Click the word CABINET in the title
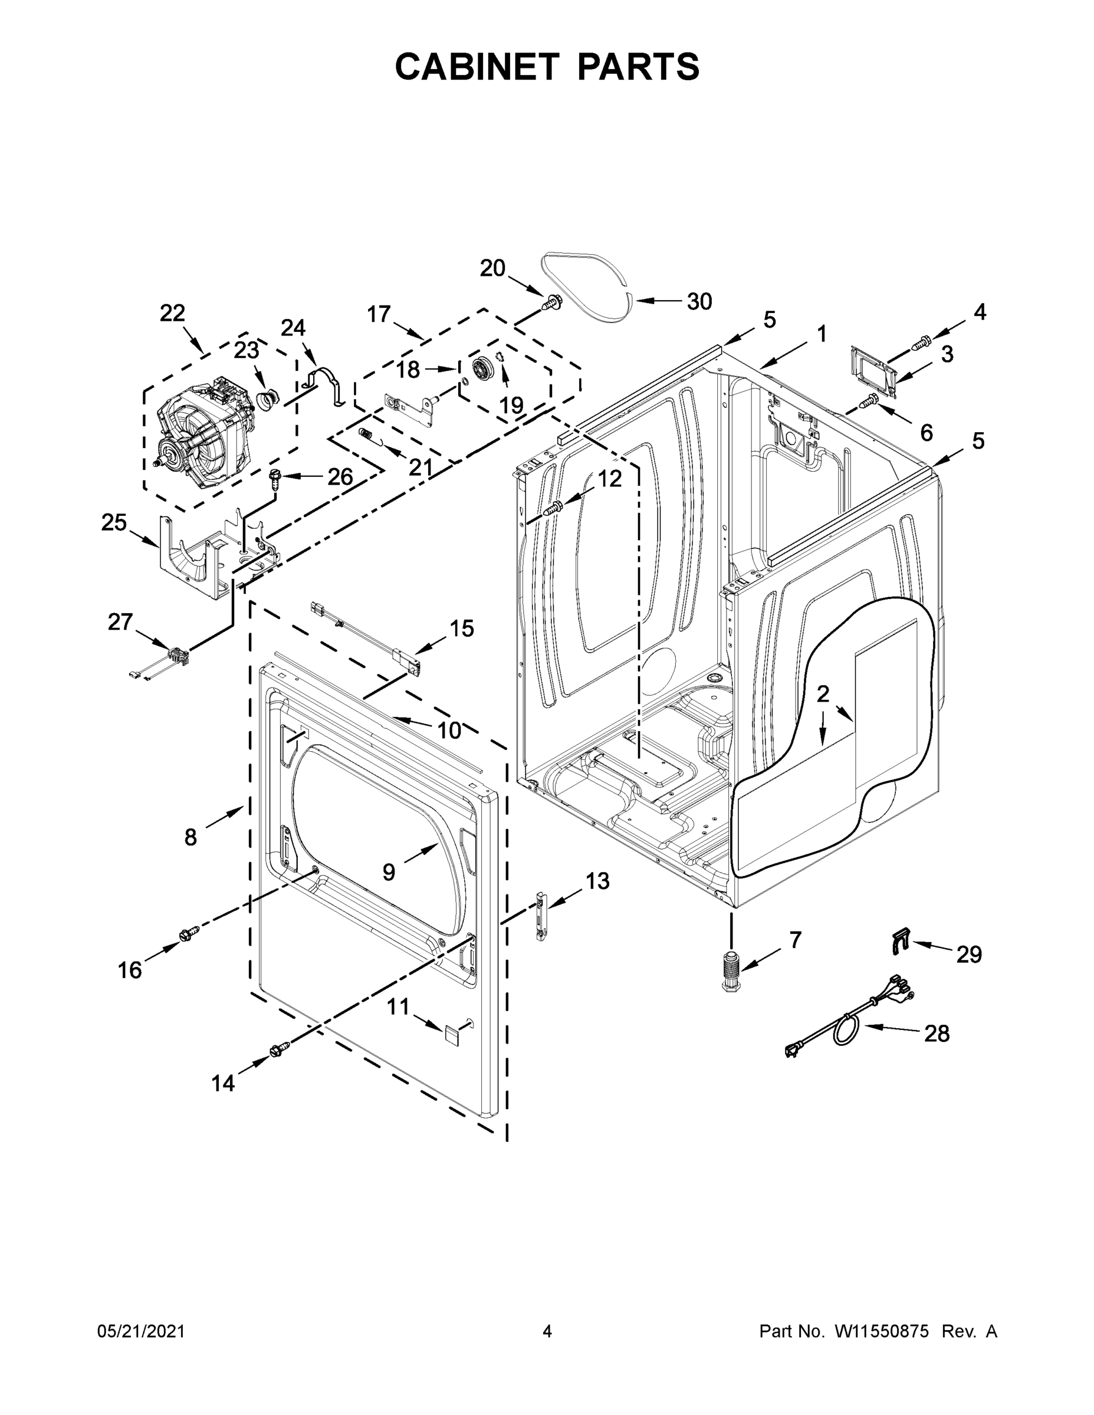[477, 67]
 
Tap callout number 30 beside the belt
[699, 301]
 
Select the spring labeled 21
[368, 434]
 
